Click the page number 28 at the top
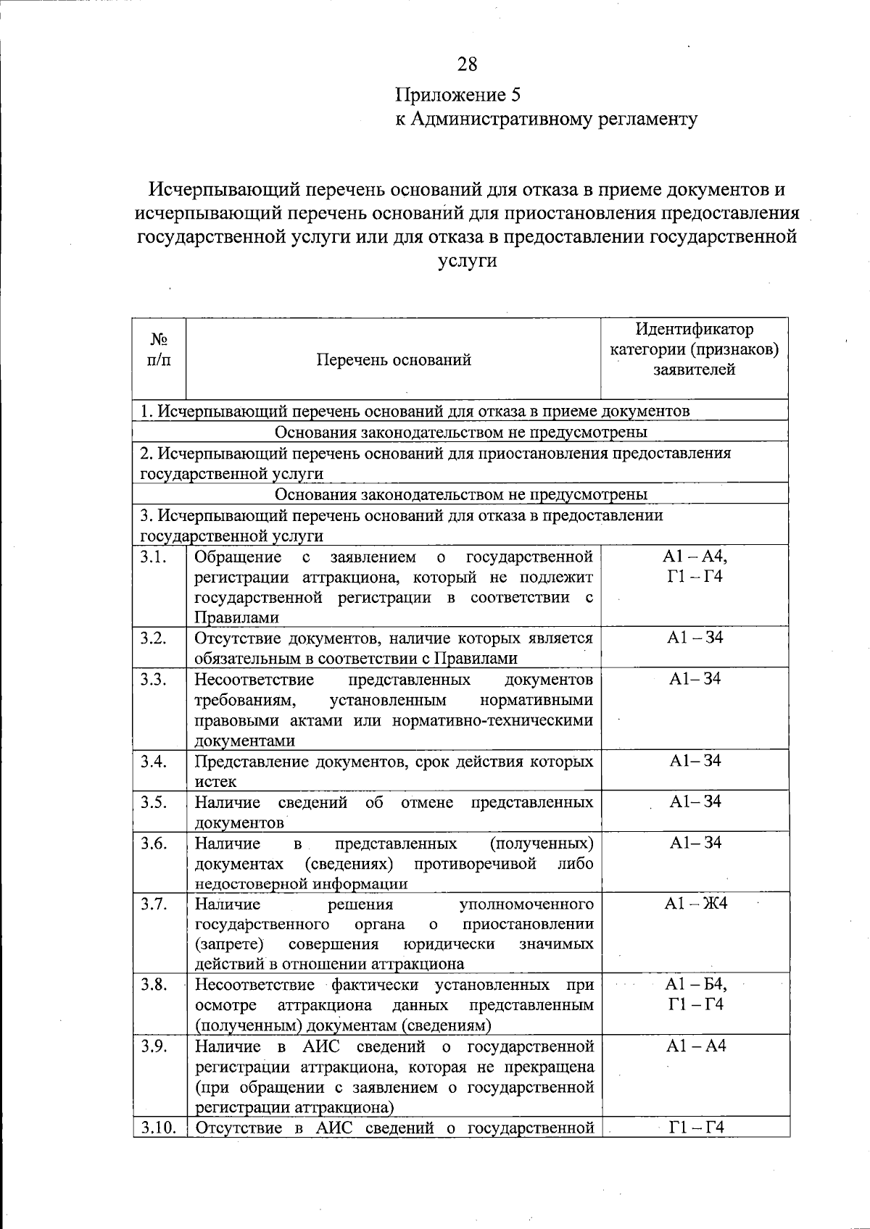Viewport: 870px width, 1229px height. [468, 64]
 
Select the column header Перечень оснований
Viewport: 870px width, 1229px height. [394, 359]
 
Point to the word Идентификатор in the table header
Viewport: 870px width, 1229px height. [694, 330]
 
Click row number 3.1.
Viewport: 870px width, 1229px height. [154, 557]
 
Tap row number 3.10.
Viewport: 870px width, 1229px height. [159, 1127]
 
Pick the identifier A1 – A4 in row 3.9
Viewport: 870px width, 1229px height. [695, 1046]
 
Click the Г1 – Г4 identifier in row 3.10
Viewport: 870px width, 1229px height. [695, 1127]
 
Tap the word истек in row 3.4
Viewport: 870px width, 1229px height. [215, 781]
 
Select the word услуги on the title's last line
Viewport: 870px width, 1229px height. [468, 261]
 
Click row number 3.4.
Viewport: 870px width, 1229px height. [154, 761]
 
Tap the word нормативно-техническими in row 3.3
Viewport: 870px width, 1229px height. [493, 720]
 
